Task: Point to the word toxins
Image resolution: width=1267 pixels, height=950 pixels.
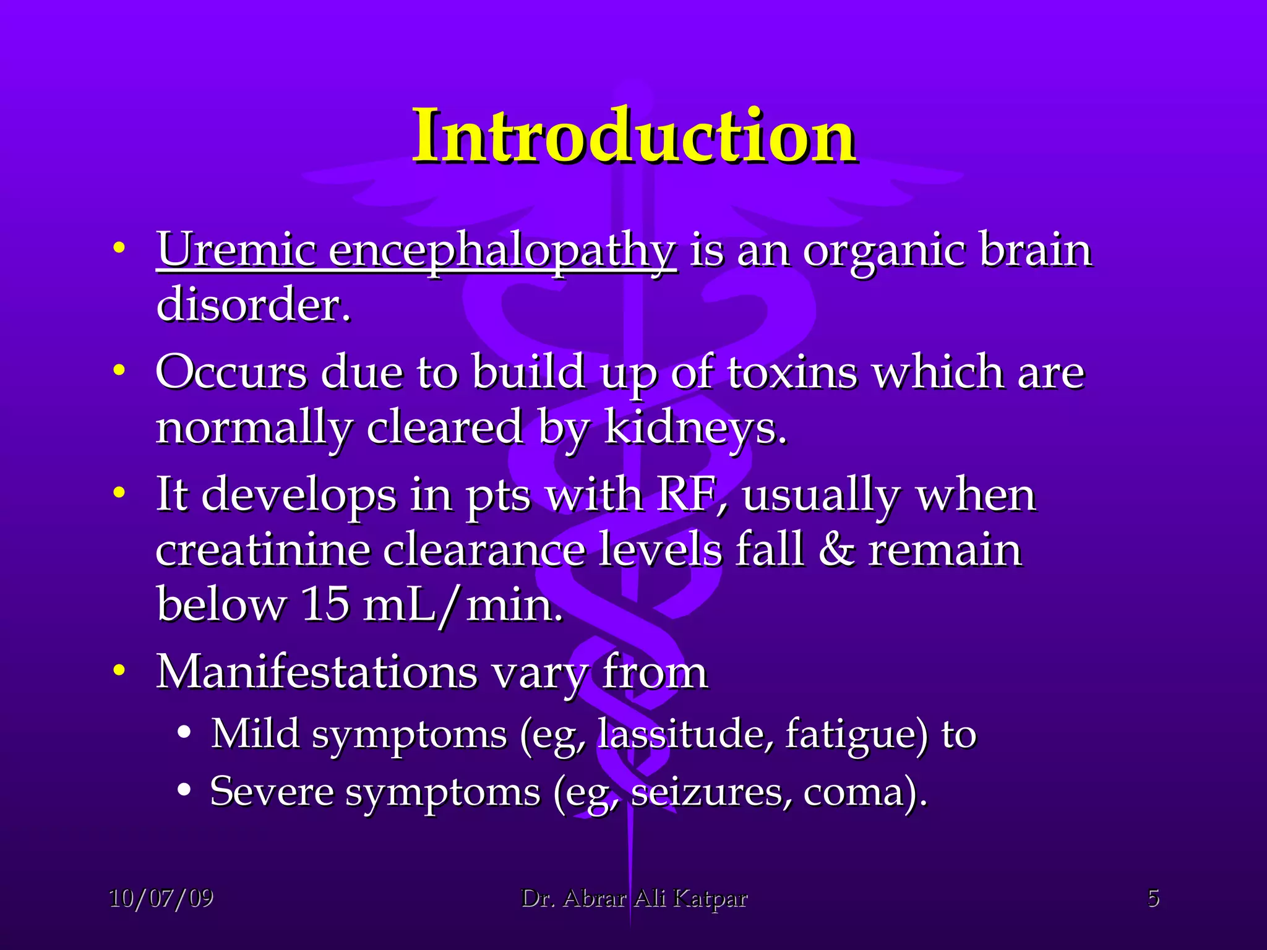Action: (792, 373)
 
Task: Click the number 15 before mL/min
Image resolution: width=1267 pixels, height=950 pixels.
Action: (325, 604)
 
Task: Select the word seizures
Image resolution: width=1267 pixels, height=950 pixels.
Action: (710, 792)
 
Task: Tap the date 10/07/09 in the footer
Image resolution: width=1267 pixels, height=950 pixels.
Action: (161, 898)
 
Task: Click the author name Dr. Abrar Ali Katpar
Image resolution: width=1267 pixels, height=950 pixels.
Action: (634, 898)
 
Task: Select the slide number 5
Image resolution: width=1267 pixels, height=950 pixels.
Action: (1153, 898)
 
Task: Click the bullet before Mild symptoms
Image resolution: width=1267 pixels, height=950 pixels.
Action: (183, 732)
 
